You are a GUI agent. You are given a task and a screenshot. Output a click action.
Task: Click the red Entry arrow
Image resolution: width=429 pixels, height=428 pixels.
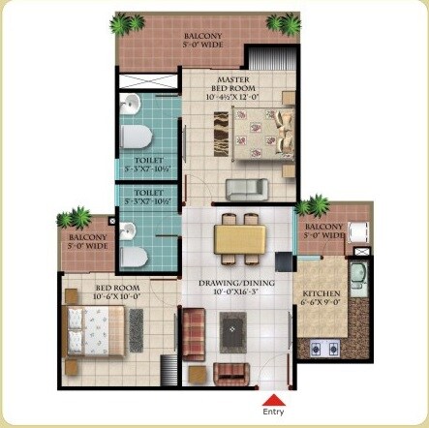(x=274, y=399)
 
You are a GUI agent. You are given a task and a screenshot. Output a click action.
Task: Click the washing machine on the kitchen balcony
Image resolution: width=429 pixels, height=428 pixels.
(x=357, y=231)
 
